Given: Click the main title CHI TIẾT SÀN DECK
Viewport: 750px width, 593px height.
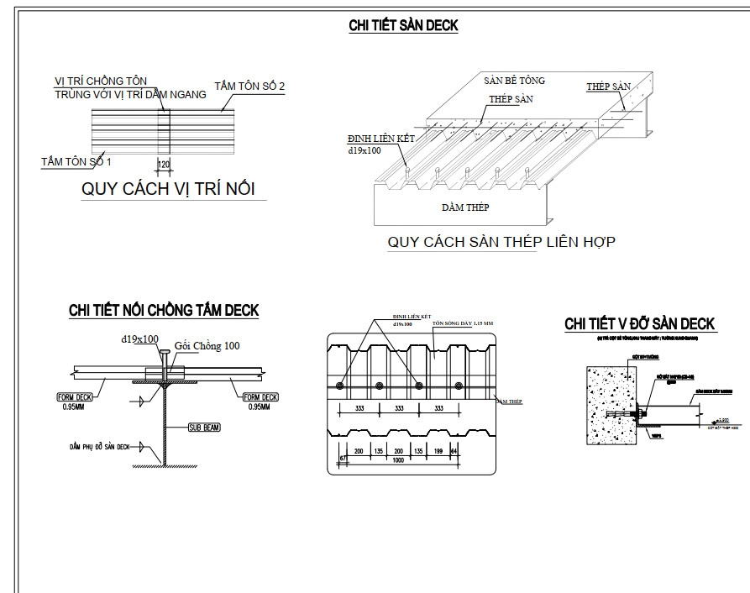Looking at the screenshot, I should click(x=403, y=25).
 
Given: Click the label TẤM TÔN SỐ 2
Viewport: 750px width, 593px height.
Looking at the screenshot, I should click(x=249, y=87).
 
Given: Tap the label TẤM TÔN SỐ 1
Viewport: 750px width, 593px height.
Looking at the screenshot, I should click(x=76, y=160).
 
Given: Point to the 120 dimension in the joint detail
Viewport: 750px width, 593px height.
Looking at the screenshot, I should click(x=164, y=165).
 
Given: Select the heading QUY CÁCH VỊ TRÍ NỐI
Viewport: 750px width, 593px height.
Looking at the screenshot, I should click(x=168, y=188).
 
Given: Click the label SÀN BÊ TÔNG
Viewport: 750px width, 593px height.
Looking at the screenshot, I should click(x=514, y=81).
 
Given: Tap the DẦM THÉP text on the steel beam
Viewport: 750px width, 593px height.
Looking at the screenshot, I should click(x=464, y=207).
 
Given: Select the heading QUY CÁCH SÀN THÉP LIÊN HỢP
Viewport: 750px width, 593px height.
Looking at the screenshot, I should click(x=501, y=243).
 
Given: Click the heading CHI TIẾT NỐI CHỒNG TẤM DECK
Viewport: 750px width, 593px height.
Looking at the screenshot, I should click(x=164, y=311).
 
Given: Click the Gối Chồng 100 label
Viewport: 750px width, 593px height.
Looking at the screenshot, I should click(x=207, y=346).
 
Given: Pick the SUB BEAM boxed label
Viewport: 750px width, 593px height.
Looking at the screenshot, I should click(x=203, y=428).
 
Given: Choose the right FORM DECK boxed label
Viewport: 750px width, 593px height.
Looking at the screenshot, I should click(x=260, y=397).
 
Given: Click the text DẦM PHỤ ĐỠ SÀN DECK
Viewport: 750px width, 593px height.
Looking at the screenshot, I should click(x=99, y=447).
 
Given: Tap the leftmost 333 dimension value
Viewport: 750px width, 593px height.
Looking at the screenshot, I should click(x=359, y=409).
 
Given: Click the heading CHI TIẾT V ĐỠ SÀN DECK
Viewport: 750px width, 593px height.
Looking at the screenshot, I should click(x=639, y=323).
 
